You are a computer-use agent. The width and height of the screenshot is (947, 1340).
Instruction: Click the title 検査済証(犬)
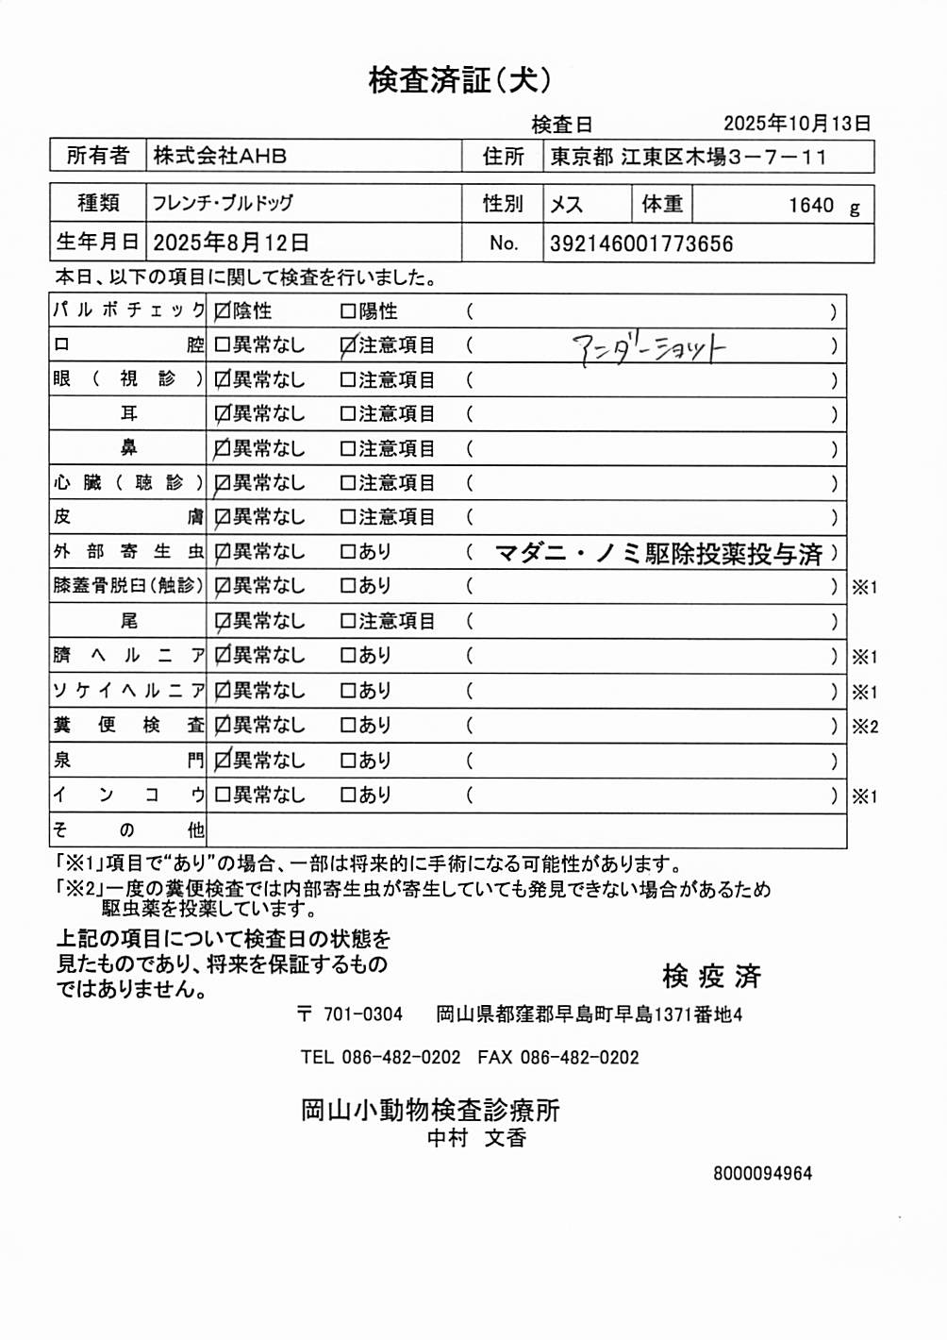click(x=459, y=80)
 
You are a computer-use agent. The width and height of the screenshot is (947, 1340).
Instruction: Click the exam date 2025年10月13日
click(x=797, y=124)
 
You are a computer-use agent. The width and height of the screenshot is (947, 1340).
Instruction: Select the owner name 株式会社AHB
click(x=220, y=156)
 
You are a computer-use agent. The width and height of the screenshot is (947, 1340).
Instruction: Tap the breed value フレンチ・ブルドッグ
click(x=224, y=203)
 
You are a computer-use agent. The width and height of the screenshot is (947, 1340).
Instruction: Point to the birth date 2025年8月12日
click(x=231, y=243)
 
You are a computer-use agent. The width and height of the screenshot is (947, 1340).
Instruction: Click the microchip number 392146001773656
click(x=641, y=243)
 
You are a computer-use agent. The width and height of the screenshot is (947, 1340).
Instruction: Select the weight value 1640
click(x=811, y=205)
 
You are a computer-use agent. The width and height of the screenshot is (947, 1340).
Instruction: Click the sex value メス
click(x=567, y=205)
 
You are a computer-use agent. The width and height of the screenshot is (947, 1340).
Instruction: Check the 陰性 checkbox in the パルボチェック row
click(x=223, y=311)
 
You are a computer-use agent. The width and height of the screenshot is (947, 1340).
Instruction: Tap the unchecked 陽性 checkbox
click(x=347, y=311)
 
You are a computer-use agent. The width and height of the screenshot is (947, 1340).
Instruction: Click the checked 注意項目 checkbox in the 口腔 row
click(x=347, y=346)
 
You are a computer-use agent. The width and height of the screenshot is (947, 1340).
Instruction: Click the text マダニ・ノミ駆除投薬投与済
click(x=658, y=553)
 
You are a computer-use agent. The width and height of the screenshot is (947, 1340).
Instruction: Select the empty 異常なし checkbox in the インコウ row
click(x=223, y=796)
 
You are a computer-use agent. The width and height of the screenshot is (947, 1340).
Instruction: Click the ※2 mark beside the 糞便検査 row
click(x=865, y=727)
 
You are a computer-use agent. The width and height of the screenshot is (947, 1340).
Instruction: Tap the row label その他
click(x=127, y=830)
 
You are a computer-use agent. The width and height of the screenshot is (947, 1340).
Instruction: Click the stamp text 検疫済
click(x=711, y=976)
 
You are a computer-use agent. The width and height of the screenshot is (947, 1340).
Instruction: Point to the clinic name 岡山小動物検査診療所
click(x=430, y=1110)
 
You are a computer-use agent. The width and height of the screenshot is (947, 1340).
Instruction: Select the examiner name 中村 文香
click(x=476, y=1138)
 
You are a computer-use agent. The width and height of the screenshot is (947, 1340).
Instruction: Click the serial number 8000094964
click(x=762, y=1174)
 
